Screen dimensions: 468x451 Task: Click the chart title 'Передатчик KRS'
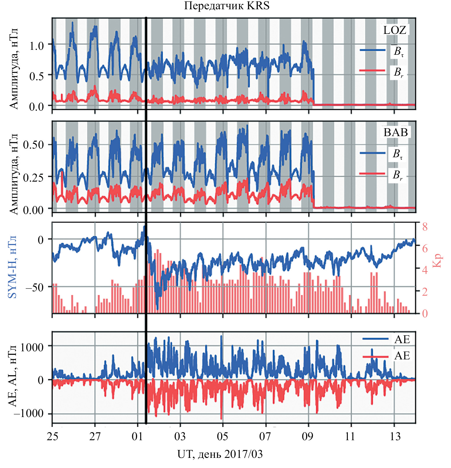(x=227, y=6)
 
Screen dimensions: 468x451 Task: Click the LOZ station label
(x=394, y=30)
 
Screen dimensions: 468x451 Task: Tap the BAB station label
(x=395, y=132)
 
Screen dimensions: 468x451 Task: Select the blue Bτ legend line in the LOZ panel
(x=372, y=50)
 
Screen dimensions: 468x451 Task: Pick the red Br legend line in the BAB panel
(x=372, y=174)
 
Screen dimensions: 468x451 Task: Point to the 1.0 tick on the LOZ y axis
(x=37, y=45)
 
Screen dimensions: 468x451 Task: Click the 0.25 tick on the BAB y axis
(x=33, y=177)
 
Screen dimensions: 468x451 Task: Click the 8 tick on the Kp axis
(x=425, y=227)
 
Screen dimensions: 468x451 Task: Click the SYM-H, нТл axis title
(x=12, y=267)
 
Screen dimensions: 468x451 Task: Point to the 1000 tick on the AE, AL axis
(x=32, y=347)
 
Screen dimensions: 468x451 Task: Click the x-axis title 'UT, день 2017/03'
(x=220, y=454)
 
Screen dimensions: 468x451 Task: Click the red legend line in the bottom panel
(x=375, y=356)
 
